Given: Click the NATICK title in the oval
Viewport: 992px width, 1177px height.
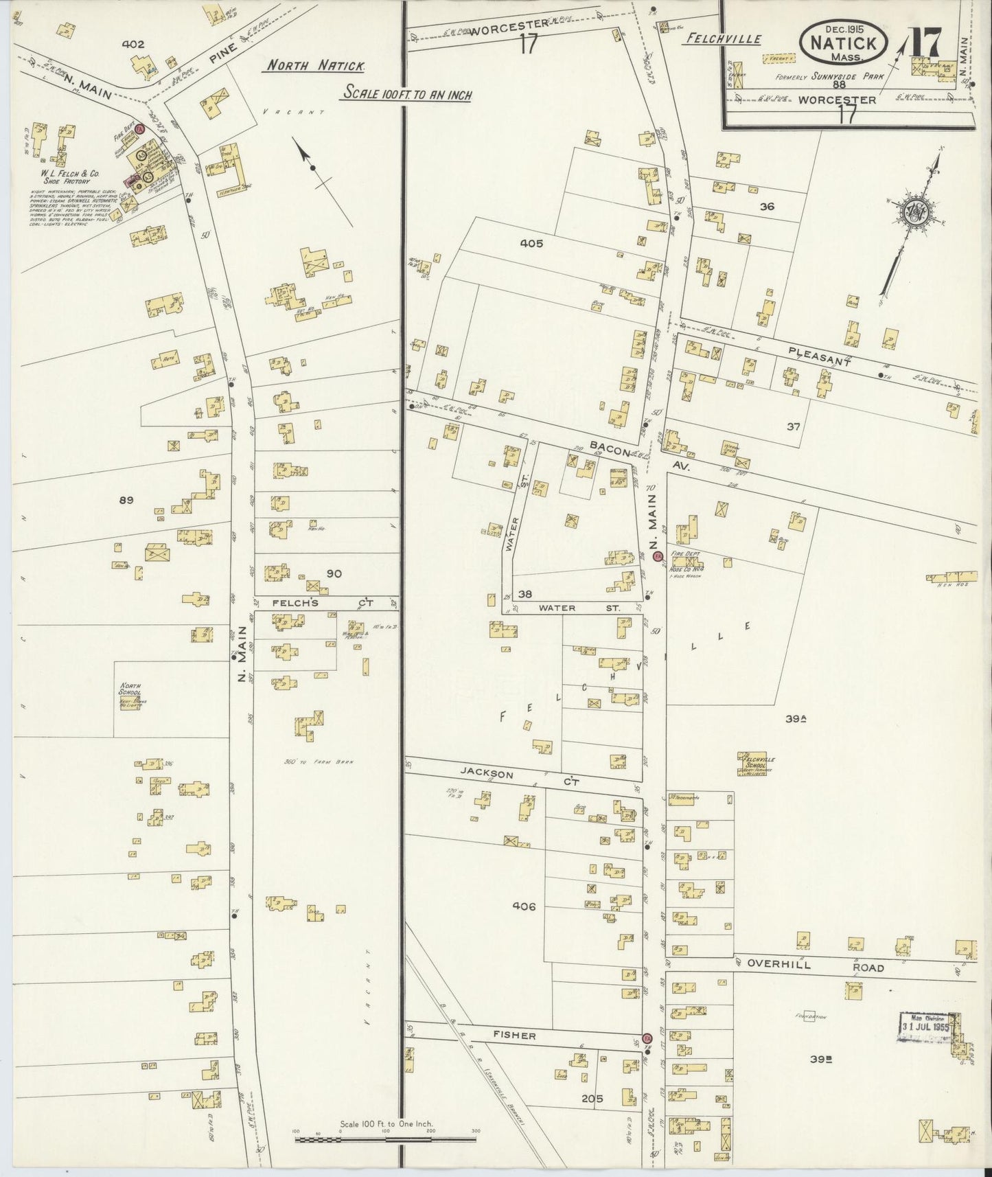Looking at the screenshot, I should click(x=844, y=42).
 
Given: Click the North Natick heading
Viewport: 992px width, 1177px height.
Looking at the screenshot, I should click(x=316, y=66).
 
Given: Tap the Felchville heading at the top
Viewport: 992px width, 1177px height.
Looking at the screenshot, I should click(x=723, y=39).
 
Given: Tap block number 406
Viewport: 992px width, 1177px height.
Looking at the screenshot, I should click(x=523, y=906).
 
